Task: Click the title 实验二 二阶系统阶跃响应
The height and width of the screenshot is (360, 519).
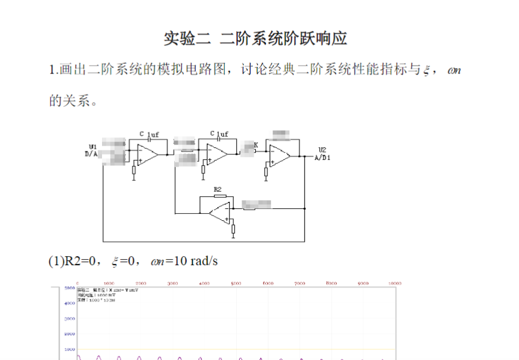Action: [x=255, y=39]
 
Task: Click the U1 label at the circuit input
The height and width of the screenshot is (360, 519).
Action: [x=93, y=146]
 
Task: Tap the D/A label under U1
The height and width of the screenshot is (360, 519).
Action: [x=92, y=153]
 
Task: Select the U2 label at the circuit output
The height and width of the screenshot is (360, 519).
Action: [x=322, y=149]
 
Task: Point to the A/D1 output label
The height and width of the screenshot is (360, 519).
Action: [x=322, y=157]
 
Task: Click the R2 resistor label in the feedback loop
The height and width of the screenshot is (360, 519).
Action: [x=218, y=189]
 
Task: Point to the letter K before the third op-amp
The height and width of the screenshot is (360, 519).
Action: [x=256, y=145]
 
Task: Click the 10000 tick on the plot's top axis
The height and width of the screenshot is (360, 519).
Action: [x=395, y=283]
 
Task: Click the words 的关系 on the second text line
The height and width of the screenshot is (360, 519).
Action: [x=69, y=101]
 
